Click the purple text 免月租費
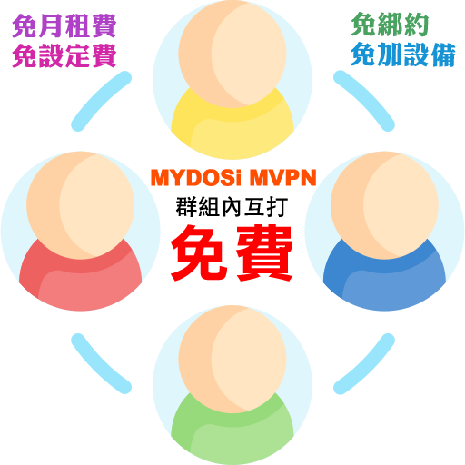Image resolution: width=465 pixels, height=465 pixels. [64, 26]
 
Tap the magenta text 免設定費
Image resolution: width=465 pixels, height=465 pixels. [64, 55]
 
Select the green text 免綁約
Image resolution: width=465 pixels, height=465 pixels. [390, 25]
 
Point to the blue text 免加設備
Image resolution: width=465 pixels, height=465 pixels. [403, 54]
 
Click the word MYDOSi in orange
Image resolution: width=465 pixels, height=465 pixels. [196, 178]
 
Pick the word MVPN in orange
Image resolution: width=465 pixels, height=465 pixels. [283, 178]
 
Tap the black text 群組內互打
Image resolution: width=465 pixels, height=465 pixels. [232, 207]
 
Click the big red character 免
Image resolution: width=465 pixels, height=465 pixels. [200, 253]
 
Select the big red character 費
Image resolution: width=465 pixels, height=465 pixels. [264, 253]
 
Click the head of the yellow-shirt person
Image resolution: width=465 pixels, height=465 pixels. [232, 54]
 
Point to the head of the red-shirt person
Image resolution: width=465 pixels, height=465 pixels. [81, 205]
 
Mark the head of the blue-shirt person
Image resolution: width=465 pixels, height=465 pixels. [384, 205]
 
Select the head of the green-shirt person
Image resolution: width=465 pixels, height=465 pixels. [232, 360]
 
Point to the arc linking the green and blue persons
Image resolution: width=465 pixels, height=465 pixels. [367, 367]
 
